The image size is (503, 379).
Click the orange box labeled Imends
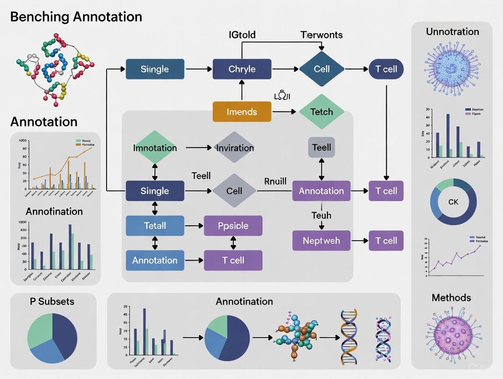(242, 112)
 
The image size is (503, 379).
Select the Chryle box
(242, 69)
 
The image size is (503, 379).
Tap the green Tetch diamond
(322, 112)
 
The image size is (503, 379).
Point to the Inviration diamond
(235, 148)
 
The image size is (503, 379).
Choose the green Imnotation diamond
(155, 148)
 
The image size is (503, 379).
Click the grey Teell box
(322, 148)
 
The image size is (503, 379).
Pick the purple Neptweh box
(322, 241)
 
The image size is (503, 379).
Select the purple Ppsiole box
(233, 225)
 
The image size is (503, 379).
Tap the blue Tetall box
(155, 225)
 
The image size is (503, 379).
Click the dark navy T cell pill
(386, 69)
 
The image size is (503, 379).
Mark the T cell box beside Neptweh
(386, 241)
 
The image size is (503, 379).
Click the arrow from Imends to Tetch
(285, 112)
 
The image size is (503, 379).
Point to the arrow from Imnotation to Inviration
(199, 148)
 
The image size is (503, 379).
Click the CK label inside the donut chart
(453, 201)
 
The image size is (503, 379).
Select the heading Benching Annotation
(76, 17)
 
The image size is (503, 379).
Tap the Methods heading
(451, 297)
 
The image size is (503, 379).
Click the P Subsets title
(52, 301)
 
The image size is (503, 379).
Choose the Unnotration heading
(452, 31)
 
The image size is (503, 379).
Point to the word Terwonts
(322, 35)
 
